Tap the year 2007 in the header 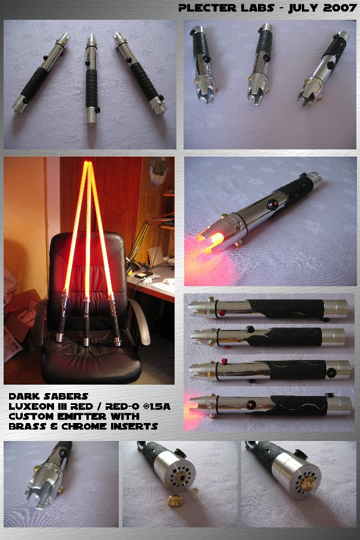point(340,8)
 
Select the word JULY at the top point(304,8)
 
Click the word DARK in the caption point(22,397)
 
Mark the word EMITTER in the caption point(85,416)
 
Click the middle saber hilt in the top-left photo point(91,79)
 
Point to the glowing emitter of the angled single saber point(212,238)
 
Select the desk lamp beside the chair point(145,241)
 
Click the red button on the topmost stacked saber point(222,313)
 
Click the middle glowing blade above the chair point(88,227)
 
